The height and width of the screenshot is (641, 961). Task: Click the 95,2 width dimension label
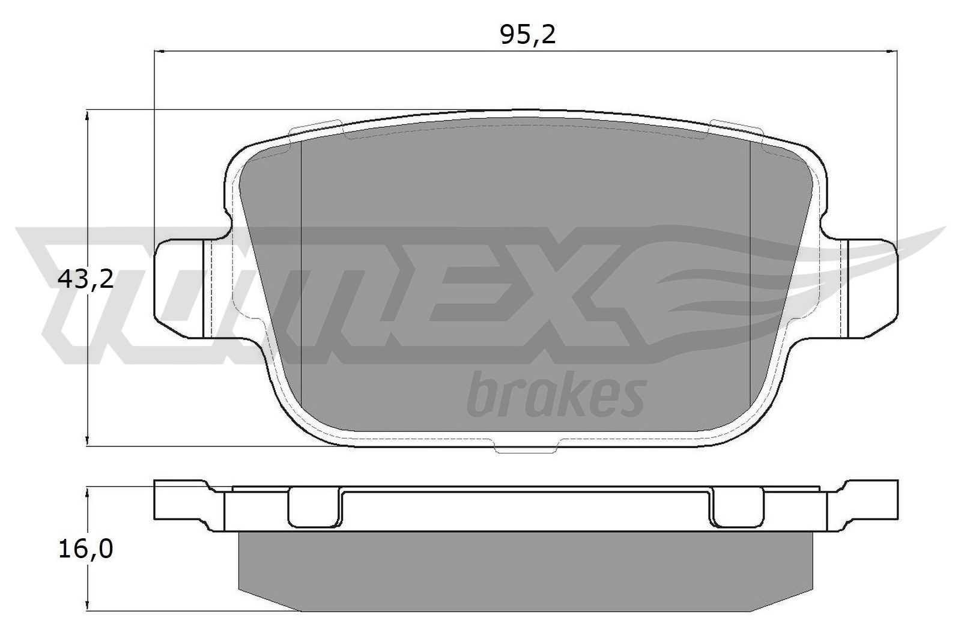(528, 35)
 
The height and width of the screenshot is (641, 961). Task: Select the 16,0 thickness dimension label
(86, 549)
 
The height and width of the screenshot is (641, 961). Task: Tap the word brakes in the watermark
(556, 396)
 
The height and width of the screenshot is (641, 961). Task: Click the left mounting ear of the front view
(180, 287)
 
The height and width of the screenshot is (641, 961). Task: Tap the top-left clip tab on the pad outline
(315, 128)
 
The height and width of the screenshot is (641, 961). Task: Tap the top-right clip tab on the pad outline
(736, 128)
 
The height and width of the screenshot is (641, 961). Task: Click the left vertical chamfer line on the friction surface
(300, 270)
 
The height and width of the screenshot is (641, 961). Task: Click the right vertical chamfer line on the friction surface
(751, 270)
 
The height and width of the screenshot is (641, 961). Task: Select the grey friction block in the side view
(526, 571)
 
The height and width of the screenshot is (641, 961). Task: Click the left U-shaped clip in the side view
(313, 508)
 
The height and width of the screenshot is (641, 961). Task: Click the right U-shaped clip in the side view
(737, 508)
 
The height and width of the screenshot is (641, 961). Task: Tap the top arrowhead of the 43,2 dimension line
(88, 115)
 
